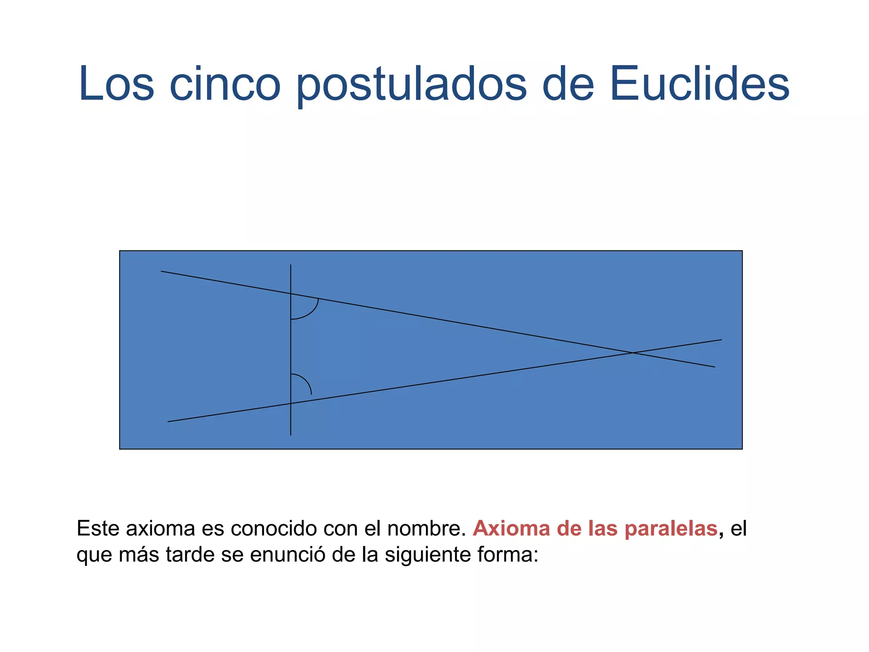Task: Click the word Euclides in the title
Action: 699,84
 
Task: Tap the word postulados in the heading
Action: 411,85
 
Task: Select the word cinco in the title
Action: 224,84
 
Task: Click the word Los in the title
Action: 116,84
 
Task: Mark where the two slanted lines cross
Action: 633,353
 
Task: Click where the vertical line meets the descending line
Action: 291,294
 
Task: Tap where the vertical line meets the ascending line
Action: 291,403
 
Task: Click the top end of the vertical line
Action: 291,265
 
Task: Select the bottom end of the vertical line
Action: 291,435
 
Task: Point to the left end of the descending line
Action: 161,271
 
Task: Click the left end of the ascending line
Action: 168,422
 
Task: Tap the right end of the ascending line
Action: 721,340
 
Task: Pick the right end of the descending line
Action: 715,367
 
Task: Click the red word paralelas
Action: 671,529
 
